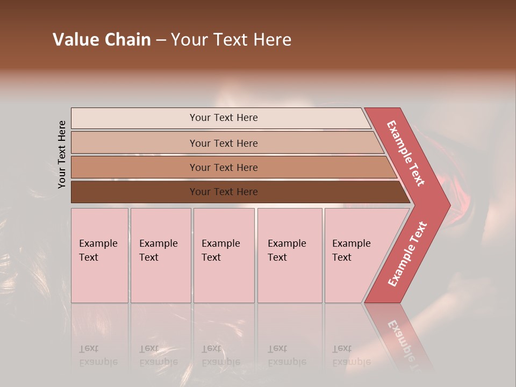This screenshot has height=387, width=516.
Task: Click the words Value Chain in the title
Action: click(x=102, y=40)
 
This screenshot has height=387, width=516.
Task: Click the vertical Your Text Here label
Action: click(x=62, y=154)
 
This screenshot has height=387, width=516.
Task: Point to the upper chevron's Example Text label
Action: click(x=406, y=153)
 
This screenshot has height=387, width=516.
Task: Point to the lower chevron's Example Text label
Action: click(x=407, y=254)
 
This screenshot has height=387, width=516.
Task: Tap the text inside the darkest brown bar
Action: click(x=224, y=192)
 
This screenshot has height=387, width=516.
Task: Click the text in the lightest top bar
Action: click(x=224, y=118)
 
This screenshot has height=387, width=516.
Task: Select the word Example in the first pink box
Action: click(x=98, y=243)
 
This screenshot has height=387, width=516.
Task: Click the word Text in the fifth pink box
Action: click(x=342, y=257)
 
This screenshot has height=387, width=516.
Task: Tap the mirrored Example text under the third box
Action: click(x=220, y=362)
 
